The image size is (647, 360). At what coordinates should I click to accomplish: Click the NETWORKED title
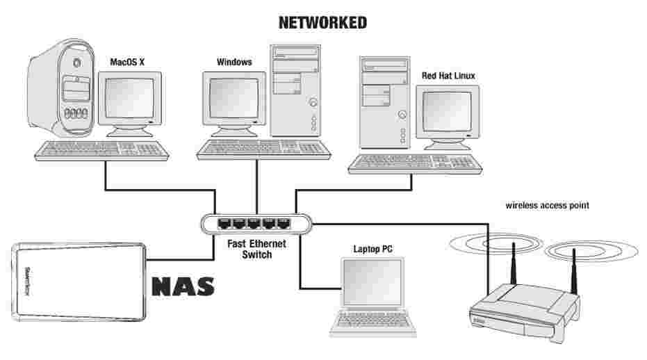pyautogui.click(x=322, y=23)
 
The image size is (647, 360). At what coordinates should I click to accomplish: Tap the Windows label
pyautogui.click(x=234, y=63)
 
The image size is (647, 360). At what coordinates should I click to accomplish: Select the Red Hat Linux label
pyautogui.click(x=448, y=76)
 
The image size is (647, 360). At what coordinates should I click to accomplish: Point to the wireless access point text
pyautogui.click(x=548, y=206)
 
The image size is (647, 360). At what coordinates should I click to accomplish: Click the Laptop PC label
pyautogui.click(x=372, y=248)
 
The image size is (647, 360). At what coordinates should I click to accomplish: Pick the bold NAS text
pyautogui.click(x=182, y=286)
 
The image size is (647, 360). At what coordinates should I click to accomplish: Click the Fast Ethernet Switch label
pyautogui.click(x=256, y=249)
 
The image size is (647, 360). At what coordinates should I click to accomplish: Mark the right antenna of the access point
pyautogui.click(x=575, y=275)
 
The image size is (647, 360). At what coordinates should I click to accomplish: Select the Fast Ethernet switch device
pyautogui.click(x=256, y=224)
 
